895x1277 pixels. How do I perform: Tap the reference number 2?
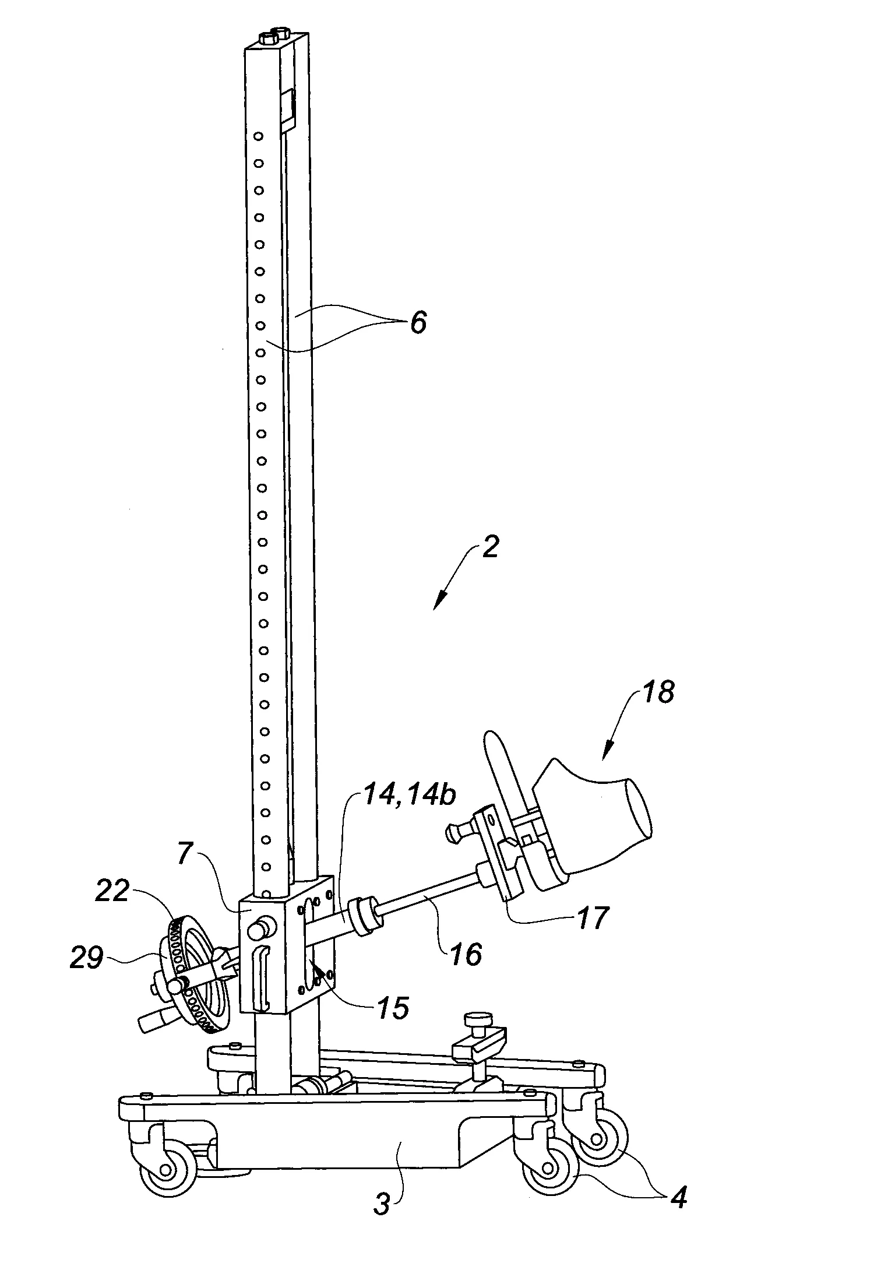pos(491,548)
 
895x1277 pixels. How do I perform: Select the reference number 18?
pos(658,694)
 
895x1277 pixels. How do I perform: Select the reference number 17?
pos(591,919)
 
